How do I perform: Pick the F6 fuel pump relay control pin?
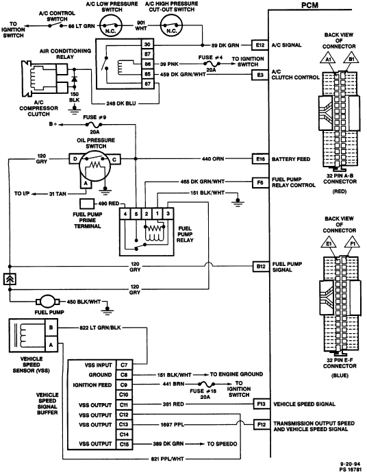[x=261, y=182]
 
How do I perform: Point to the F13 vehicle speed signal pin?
[x=261, y=404]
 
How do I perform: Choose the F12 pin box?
[x=261, y=426]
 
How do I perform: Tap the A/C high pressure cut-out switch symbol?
[x=173, y=28]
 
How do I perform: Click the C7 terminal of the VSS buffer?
[x=123, y=365]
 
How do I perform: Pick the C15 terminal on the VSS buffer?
[x=123, y=444]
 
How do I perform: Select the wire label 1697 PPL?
[x=179, y=424]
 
